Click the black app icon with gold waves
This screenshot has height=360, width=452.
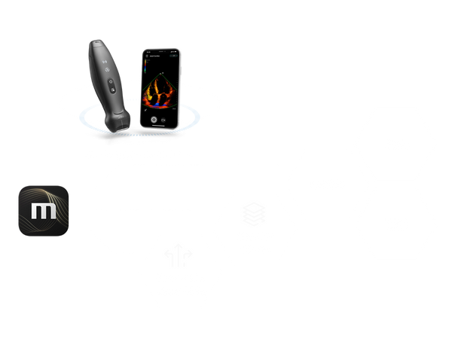pos(44,212)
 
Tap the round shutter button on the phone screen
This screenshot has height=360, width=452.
pos(154,118)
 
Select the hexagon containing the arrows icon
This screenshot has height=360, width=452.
pos(180,271)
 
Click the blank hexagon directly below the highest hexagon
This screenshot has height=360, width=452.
pos(395,223)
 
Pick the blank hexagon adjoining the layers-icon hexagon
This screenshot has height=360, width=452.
pos(326,184)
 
